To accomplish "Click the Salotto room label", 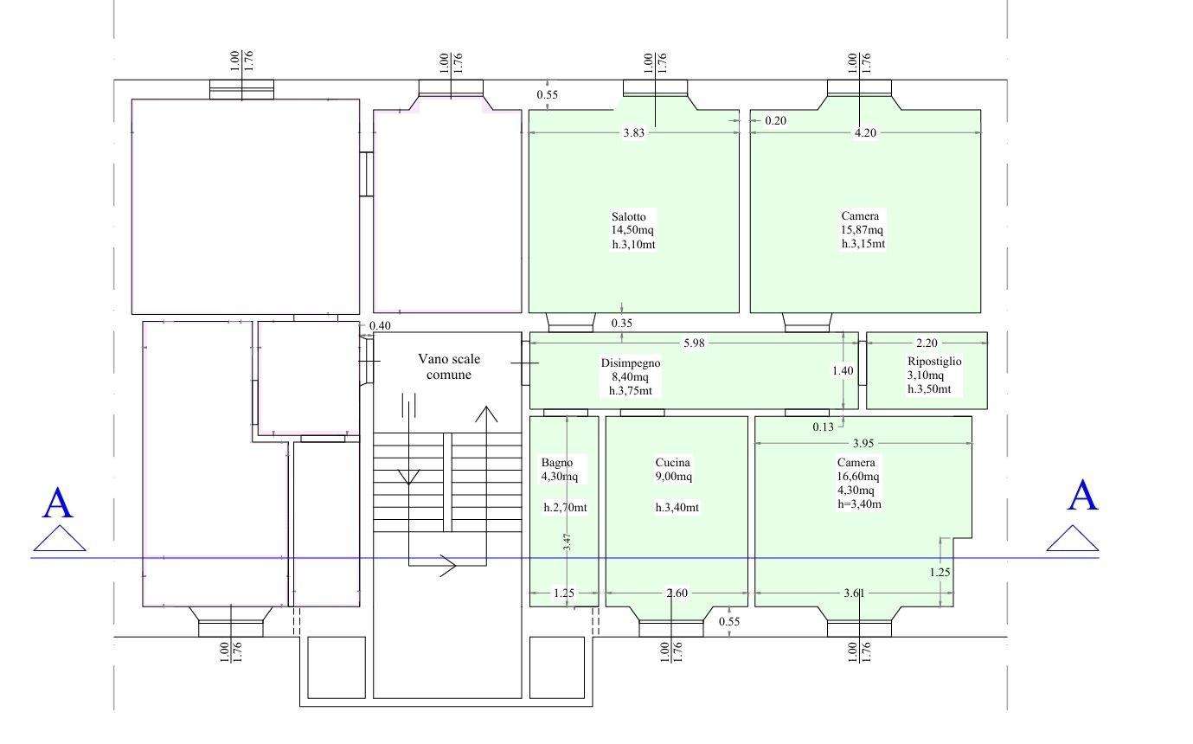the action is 628,217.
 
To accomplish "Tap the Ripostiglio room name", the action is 934,361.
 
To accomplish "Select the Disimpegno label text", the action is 631,362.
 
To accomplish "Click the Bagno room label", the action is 556,462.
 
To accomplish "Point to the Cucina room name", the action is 673,462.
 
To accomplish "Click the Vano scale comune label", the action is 449,367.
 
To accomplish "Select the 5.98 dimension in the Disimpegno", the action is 694,343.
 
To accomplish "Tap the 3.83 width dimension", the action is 634,132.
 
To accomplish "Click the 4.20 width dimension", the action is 865,132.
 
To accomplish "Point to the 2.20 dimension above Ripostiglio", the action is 927,343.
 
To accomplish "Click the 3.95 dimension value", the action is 863,443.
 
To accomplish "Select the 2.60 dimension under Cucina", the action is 677,593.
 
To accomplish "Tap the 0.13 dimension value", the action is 823,427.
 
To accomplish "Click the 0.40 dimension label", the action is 380,325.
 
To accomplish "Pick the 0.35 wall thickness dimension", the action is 621,323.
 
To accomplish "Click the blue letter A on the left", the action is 57,503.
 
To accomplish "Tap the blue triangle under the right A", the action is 1073,538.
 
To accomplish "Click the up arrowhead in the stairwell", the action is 486,414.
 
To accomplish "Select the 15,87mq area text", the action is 862,230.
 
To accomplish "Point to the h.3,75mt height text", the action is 631,391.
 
